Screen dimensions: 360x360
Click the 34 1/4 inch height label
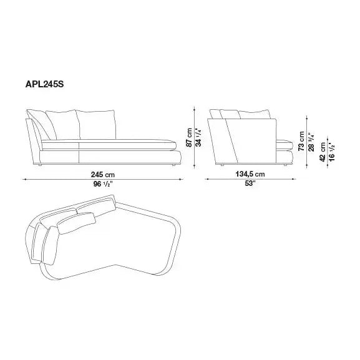(198, 136)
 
